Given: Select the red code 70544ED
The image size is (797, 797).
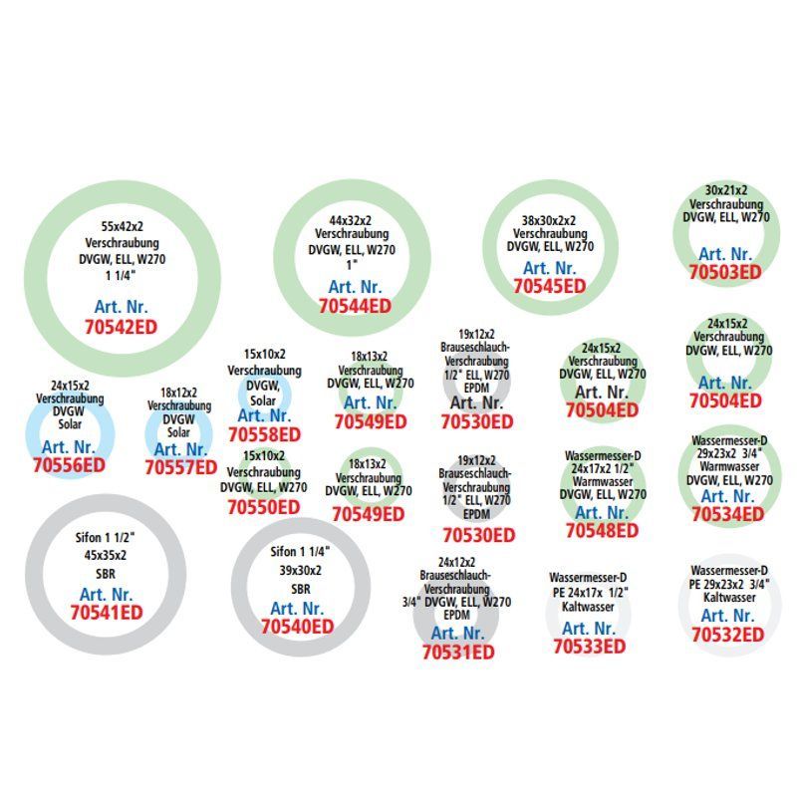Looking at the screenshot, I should (x=355, y=307).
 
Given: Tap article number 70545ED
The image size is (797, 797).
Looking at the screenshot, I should (x=550, y=286).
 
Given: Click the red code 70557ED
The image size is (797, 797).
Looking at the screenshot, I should (x=180, y=466).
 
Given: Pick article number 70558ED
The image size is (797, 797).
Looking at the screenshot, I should (x=264, y=434).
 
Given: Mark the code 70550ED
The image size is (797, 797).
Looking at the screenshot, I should (x=264, y=507).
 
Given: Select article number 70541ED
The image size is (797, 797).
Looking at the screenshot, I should (x=107, y=613).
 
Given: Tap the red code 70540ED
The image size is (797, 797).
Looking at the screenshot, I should (x=297, y=627).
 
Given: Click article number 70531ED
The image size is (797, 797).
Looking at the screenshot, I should (x=457, y=653).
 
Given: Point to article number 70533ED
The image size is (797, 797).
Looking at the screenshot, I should (x=589, y=646).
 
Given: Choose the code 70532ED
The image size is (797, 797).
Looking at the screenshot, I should (x=727, y=634).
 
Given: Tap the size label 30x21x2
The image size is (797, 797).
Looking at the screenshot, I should (x=726, y=189).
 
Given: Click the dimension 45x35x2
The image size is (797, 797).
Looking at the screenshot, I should (x=107, y=554).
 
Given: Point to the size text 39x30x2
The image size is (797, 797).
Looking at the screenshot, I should (x=296, y=568).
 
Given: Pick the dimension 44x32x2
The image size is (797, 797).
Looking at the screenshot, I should (x=350, y=220).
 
